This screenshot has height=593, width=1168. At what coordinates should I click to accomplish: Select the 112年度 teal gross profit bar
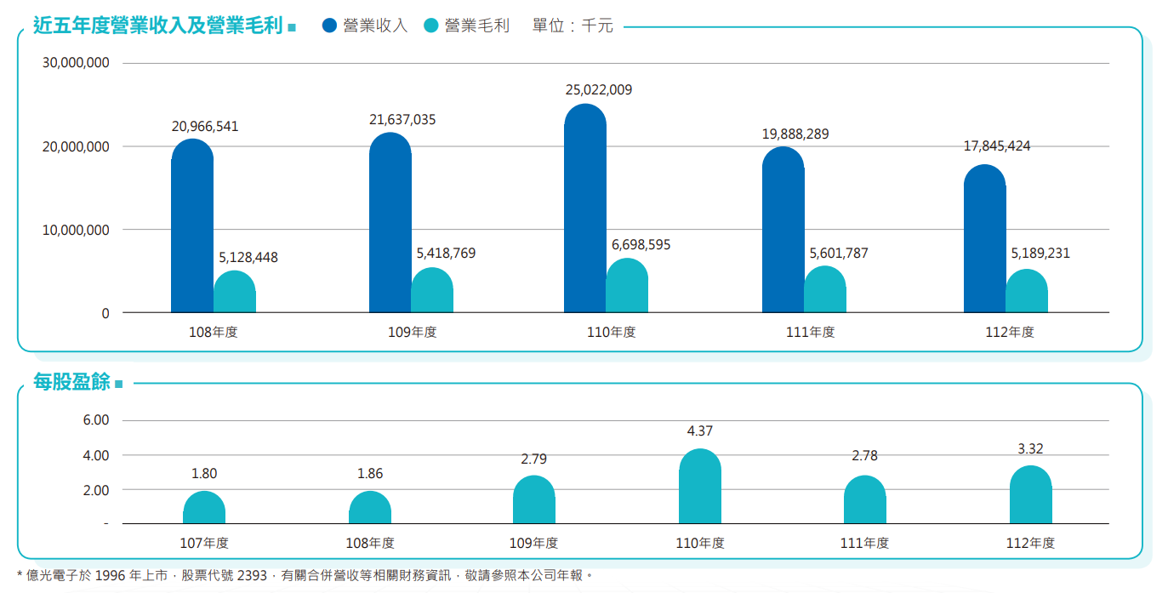[1027, 292]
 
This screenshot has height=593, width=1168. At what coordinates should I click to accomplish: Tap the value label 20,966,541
[205, 127]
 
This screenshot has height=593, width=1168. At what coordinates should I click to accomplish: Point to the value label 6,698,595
[641, 245]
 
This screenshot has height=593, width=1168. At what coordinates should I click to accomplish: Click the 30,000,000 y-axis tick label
[75, 63]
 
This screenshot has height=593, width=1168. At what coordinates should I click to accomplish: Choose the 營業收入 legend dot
[330, 26]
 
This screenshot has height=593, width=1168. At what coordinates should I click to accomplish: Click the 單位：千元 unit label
[573, 26]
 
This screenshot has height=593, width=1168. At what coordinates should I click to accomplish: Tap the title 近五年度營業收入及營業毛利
[157, 26]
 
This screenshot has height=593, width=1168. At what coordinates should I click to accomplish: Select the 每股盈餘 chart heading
[71, 383]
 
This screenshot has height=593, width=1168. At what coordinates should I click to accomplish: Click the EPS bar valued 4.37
[700, 487]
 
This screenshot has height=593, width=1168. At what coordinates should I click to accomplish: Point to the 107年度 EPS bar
[204, 508]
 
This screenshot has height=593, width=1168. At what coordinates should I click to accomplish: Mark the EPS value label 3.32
[1030, 449]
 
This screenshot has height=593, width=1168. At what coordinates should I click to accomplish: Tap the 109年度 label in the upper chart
[412, 332]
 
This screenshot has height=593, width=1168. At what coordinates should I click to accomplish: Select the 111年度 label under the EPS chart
[864, 543]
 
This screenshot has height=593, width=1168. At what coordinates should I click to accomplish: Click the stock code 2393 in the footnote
[252, 576]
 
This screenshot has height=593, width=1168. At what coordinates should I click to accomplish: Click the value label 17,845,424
[997, 146]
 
